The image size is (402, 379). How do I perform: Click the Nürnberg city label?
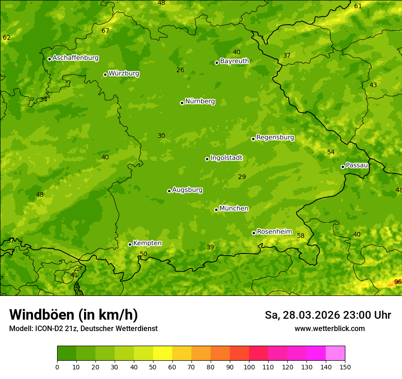click(x=200, y=101)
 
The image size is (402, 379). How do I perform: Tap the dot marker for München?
click(x=217, y=210)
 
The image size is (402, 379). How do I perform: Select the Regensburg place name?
click(x=275, y=137)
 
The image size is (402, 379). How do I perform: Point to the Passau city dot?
click(x=343, y=167)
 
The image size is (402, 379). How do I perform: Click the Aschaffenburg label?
click(x=75, y=58)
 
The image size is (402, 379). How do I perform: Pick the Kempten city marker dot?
click(x=130, y=244)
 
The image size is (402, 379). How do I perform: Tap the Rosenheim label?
click(x=274, y=232)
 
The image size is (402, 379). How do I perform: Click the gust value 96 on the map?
click(x=398, y=282)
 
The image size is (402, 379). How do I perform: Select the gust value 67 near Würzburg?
click(x=106, y=31)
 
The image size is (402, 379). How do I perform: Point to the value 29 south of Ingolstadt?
click(x=242, y=177)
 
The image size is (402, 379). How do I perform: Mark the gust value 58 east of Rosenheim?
click(x=301, y=236)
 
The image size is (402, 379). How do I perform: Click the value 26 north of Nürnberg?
click(x=180, y=70)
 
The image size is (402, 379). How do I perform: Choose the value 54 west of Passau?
click(x=331, y=152)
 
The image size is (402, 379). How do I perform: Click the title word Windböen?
click(x=42, y=315)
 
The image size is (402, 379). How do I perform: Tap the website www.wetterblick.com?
click(x=329, y=329)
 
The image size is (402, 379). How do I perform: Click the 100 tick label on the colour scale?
click(x=249, y=367)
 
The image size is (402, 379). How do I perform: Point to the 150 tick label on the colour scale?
click(x=345, y=367)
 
